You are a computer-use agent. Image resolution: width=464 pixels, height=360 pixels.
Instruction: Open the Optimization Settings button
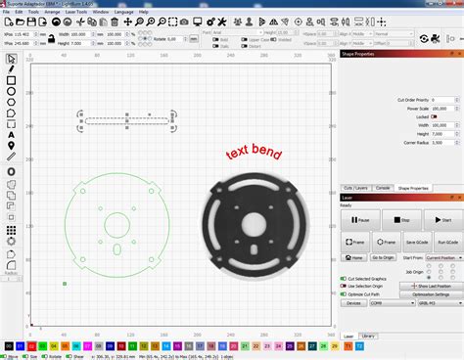431,293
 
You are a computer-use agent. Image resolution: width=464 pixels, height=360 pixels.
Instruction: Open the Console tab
382,187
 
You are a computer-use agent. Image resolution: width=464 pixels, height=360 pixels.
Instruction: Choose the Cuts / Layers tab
354,187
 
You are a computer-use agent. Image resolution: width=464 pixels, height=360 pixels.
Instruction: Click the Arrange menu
51,12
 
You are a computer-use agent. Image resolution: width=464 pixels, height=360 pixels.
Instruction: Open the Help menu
144,12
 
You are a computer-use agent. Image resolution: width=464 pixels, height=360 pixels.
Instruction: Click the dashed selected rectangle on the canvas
127,121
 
